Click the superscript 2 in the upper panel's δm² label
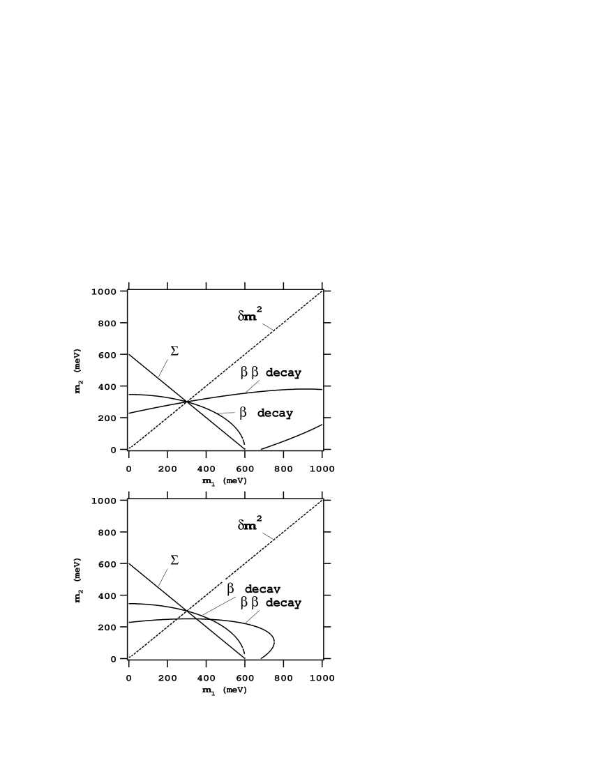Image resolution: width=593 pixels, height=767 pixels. (x=259, y=309)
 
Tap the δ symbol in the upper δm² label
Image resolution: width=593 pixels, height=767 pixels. (x=241, y=316)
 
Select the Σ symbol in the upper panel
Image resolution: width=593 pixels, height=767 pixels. (x=173, y=351)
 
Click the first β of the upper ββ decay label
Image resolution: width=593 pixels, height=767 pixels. (x=244, y=372)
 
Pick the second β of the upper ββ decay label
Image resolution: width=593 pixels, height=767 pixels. (x=255, y=372)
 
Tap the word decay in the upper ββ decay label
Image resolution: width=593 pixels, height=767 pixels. (x=283, y=373)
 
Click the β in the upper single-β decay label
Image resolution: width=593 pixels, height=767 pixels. (x=243, y=413)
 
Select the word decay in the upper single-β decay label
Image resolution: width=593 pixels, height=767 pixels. (x=275, y=413)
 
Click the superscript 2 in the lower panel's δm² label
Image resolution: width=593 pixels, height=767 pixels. (x=259, y=518)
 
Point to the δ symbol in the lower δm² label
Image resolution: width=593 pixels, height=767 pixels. (x=241, y=525)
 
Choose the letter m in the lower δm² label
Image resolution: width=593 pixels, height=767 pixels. (x=250, y=525)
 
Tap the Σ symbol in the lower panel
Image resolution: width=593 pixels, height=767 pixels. (x=173, y=559)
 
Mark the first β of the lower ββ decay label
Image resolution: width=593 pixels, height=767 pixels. (x=244, y=602)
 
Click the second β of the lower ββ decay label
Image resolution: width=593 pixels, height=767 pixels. (x=255, y=602)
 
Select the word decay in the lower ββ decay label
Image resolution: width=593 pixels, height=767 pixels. (x=283, y=603)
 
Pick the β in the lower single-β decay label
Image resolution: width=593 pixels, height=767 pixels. (x=230, y=588)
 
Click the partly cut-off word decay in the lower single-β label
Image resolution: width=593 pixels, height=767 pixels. (x=262, y=590)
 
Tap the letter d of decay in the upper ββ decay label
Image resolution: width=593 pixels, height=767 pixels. (x=269, y=373)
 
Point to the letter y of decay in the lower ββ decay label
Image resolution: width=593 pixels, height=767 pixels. (x=298, y=604)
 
